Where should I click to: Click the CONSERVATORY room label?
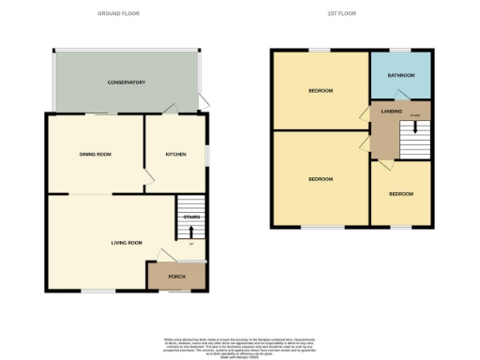tap(126, 82)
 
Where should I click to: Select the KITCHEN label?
tap(175, 154)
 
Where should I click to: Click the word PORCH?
tap(176, 277)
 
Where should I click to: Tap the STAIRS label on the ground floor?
tap(191, 217)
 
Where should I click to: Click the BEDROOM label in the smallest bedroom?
tap(401, 193)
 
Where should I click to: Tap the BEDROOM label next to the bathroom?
tap(322, 91)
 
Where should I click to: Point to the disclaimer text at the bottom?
tap(240, 343)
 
